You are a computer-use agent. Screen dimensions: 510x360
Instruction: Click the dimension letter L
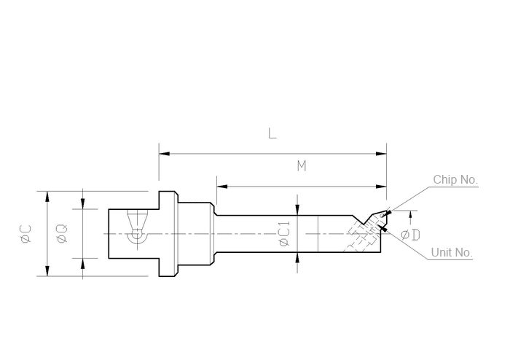[272, 133]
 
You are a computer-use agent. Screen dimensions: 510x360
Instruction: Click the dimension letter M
[302, 166]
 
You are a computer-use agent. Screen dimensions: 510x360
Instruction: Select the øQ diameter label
[62, 233]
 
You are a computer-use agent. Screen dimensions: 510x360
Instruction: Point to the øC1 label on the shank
[284, 233]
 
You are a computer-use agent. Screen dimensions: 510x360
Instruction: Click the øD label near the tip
[410, 235]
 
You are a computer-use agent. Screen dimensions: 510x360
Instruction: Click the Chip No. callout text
[455, 179]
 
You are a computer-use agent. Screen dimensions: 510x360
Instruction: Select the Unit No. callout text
[452, 252]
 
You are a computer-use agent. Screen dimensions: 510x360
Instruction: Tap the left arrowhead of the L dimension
[164, 154]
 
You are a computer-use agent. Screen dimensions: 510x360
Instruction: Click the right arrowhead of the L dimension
[381, 154]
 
